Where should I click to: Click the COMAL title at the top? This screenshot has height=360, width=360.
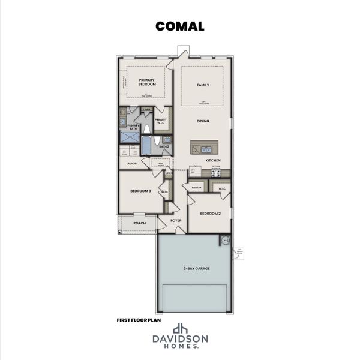179,26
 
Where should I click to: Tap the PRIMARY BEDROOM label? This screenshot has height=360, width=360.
147,82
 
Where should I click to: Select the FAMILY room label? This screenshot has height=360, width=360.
203,85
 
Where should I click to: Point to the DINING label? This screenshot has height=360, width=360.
203,121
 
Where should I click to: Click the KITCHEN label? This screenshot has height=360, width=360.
214,161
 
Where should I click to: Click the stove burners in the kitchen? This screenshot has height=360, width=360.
217,173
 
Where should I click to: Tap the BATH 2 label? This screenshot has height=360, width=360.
164,146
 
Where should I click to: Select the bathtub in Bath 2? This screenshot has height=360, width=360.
146,145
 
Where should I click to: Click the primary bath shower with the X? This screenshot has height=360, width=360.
130,137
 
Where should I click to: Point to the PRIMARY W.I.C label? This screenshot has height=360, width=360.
161,121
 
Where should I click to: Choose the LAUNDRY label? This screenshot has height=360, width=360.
133,163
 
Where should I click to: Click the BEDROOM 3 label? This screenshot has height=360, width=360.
140,191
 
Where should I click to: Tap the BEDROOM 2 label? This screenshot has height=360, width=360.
210,214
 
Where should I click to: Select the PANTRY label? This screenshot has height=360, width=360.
196,188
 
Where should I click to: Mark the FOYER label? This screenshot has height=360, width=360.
176,220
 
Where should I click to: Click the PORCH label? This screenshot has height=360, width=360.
140,223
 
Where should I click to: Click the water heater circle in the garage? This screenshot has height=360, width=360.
226,240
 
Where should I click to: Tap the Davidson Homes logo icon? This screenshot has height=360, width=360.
179,329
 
